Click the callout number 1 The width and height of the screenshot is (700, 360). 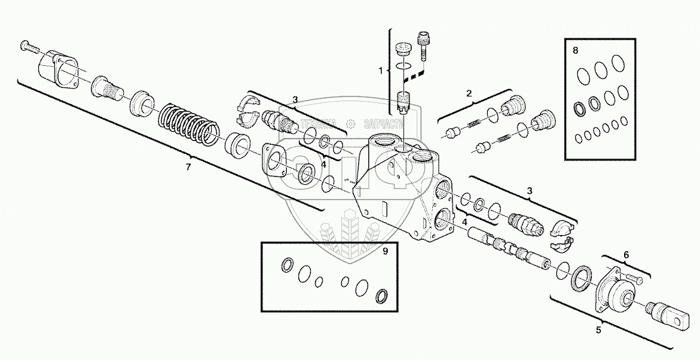380,71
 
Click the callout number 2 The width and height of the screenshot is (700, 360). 469,93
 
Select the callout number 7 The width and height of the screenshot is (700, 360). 188,167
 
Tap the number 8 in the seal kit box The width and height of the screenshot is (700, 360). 575,51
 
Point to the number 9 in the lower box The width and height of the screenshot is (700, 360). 386,251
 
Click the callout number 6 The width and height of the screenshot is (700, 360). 626,255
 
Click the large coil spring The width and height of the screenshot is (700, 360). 189,125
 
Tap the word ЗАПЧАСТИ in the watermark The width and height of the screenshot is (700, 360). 383,124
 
